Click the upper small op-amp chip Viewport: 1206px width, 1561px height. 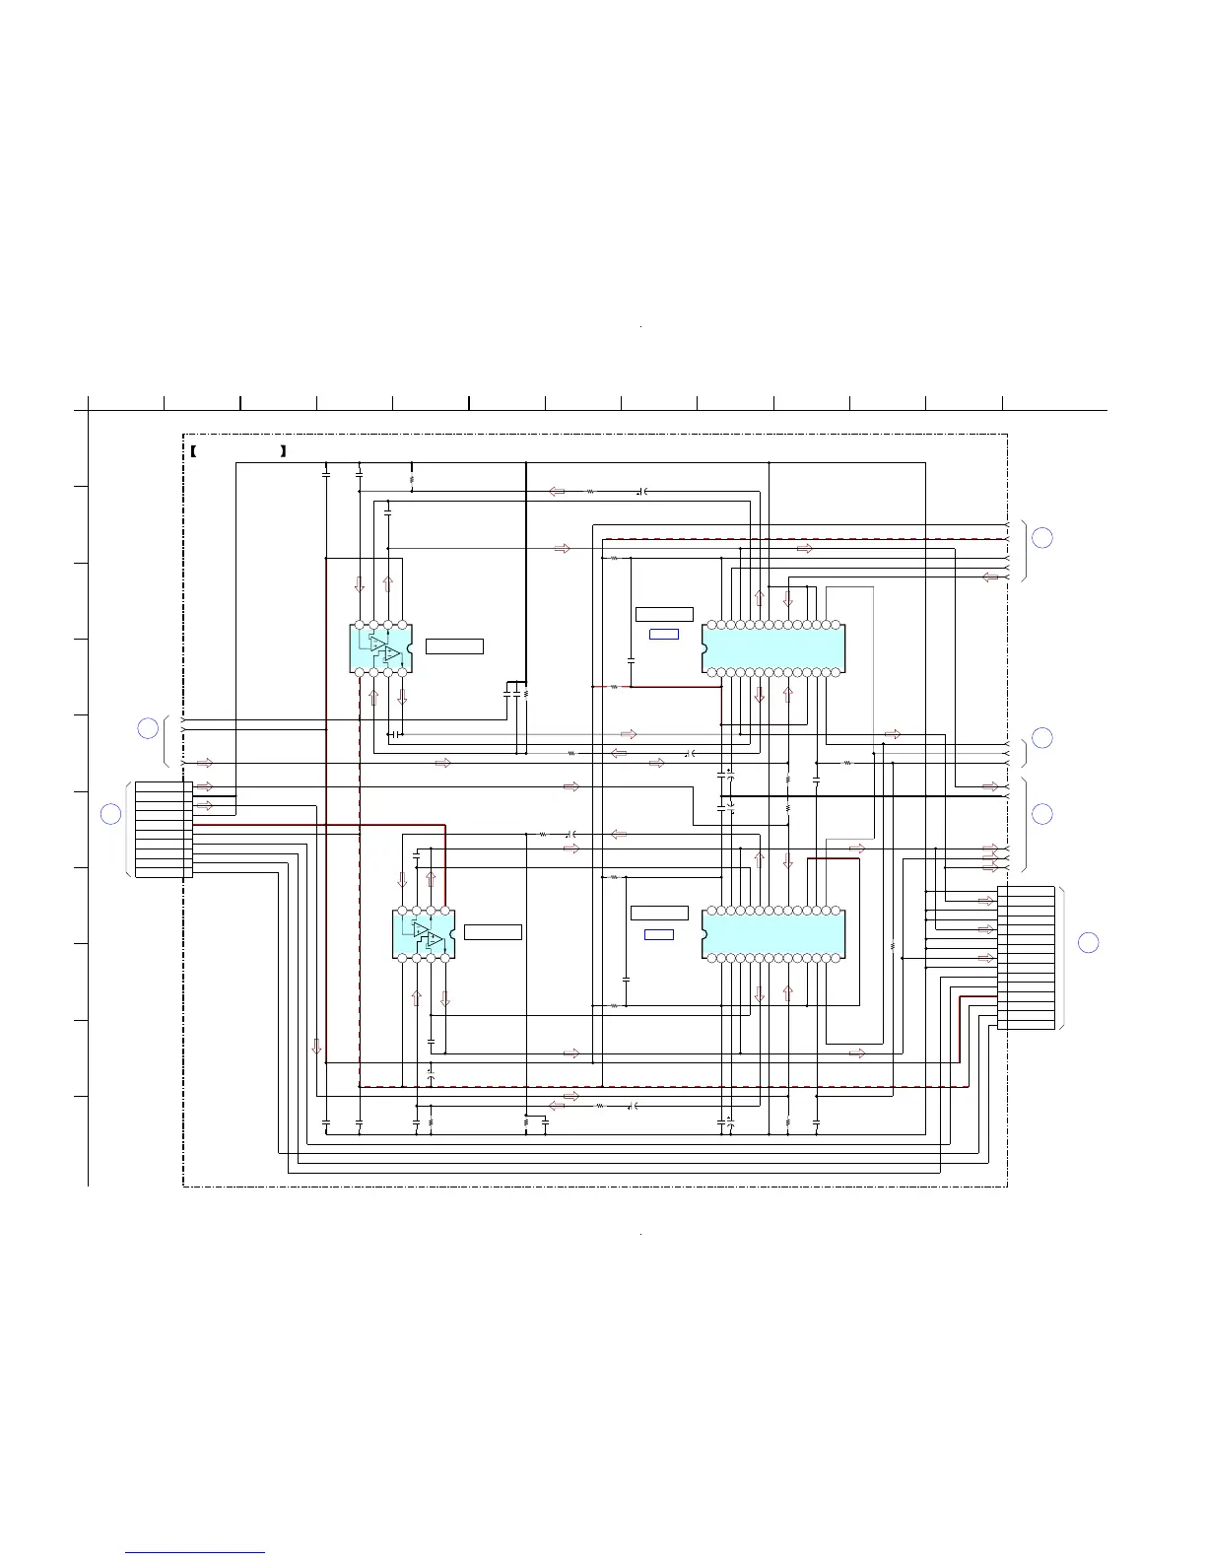(380, 648)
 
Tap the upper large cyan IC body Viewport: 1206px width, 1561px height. (774, 648)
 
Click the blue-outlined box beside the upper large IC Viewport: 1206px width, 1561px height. (664, 634)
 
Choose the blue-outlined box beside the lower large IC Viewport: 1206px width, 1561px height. (659, 934)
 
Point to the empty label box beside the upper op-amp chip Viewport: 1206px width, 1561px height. (454, 646)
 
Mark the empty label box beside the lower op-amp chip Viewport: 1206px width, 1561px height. (493, 932)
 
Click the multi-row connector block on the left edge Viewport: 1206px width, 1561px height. (164, 829)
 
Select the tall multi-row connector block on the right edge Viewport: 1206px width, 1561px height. (1026, 957)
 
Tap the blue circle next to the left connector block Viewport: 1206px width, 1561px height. (111, 814)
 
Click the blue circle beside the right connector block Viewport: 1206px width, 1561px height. (1088, 942)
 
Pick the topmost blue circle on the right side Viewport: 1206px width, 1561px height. (1041, 537)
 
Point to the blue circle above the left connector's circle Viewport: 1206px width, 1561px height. (147, 728)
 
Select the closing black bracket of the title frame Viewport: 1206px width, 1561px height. (283, 451)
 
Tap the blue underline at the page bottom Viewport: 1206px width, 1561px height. (195, 1552)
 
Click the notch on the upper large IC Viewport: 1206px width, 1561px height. (705, 648)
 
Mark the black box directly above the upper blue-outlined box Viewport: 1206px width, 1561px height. (664, 614)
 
